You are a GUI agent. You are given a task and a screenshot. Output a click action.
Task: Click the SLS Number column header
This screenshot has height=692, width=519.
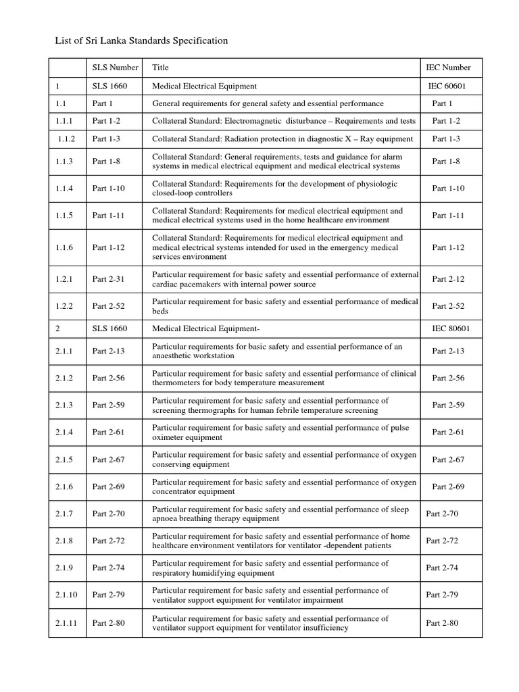pos(116,68)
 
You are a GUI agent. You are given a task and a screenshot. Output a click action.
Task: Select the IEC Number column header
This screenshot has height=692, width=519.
pos(448,68)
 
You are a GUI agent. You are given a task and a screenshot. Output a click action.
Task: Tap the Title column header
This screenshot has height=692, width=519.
pos(161,68)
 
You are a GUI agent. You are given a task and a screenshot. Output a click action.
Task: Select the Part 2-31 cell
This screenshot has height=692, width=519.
pos(108,279)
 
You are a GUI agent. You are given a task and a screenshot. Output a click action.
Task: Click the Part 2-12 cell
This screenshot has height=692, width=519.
pos(448,279)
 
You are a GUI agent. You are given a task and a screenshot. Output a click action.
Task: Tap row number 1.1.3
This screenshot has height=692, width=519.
pos(65,162)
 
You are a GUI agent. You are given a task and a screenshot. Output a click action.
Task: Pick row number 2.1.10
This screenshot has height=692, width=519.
pos(67,595)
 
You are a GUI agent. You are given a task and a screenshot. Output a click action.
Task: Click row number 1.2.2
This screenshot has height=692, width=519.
pos(65,306)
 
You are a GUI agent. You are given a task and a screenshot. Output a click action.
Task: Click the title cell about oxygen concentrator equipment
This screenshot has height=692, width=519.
pos(284,487)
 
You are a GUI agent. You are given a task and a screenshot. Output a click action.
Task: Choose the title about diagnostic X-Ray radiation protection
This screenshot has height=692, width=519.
pos(282,139)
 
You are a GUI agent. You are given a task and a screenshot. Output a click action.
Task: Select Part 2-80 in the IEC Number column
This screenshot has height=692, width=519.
pos(442,623)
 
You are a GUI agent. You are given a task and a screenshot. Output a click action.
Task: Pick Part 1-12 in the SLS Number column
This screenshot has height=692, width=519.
pos(108,247)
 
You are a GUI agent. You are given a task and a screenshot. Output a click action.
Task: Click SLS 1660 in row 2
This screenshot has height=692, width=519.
pos(109,328)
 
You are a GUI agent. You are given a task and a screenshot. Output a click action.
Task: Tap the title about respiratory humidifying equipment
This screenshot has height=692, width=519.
pos(270,568)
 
